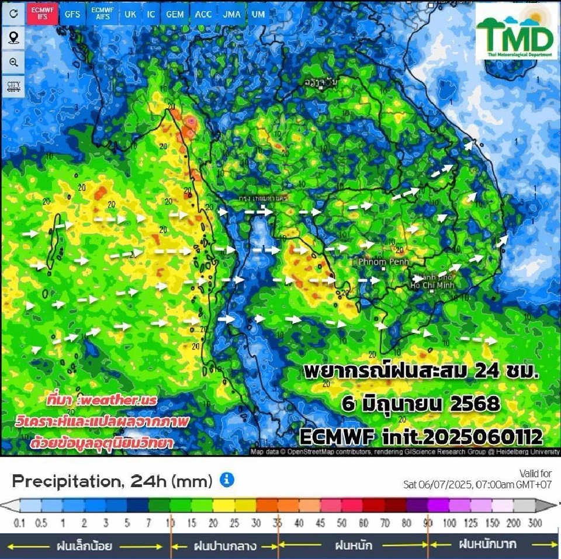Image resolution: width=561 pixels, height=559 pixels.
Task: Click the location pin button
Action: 13,38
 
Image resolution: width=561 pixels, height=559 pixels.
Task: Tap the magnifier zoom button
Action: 13,63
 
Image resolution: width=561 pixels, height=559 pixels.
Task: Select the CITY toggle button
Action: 13,87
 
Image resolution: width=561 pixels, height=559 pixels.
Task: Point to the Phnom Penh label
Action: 383,261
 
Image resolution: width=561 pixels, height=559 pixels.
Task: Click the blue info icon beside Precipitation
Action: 227,480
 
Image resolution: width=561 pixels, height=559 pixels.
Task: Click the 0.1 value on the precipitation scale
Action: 19,523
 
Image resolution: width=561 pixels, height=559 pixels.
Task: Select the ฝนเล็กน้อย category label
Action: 84,546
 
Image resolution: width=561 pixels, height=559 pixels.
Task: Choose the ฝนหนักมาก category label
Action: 487,545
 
